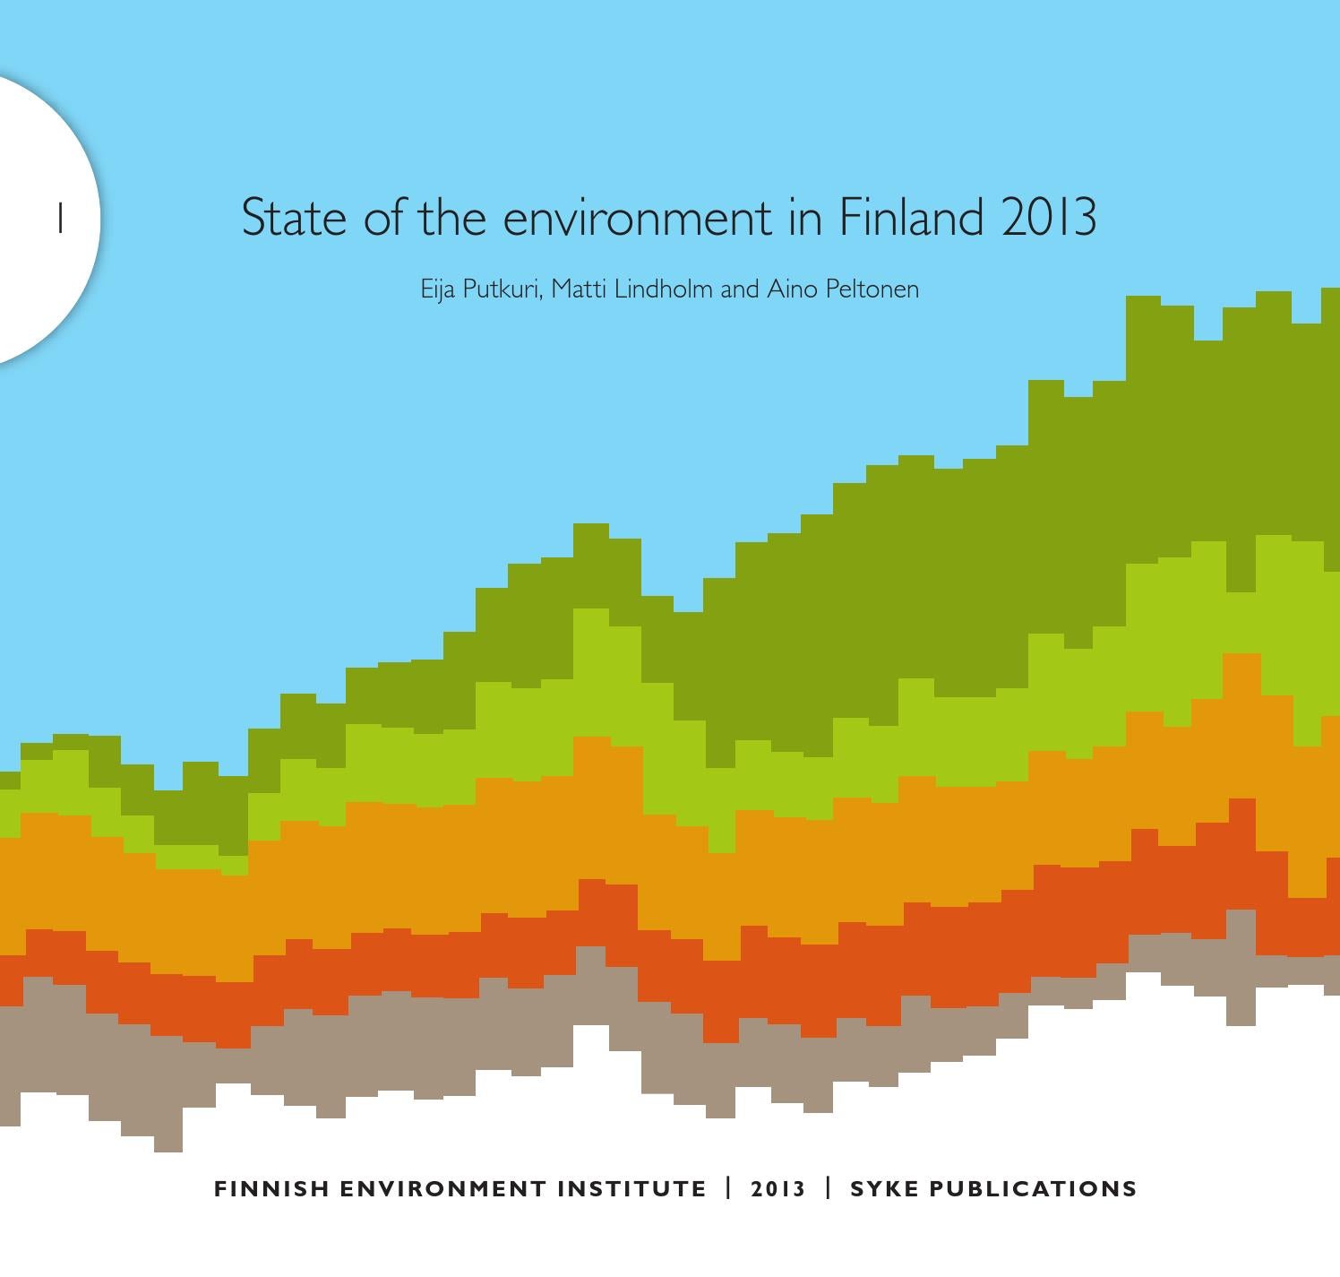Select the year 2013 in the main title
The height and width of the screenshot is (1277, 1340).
[x=1049, y=218]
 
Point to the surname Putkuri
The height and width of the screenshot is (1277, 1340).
[x=502, y=289]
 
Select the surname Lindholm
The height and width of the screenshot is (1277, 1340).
[x=663, y=289]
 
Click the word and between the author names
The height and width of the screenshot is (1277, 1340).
[x=739, y=289]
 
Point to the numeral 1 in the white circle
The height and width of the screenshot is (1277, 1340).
[x=60, y=219]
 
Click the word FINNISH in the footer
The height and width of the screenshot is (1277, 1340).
[x=272, y=1189]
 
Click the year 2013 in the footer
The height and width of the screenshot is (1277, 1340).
[x=778, y=1189]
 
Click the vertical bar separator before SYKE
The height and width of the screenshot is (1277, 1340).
[x=829, y=1188]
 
